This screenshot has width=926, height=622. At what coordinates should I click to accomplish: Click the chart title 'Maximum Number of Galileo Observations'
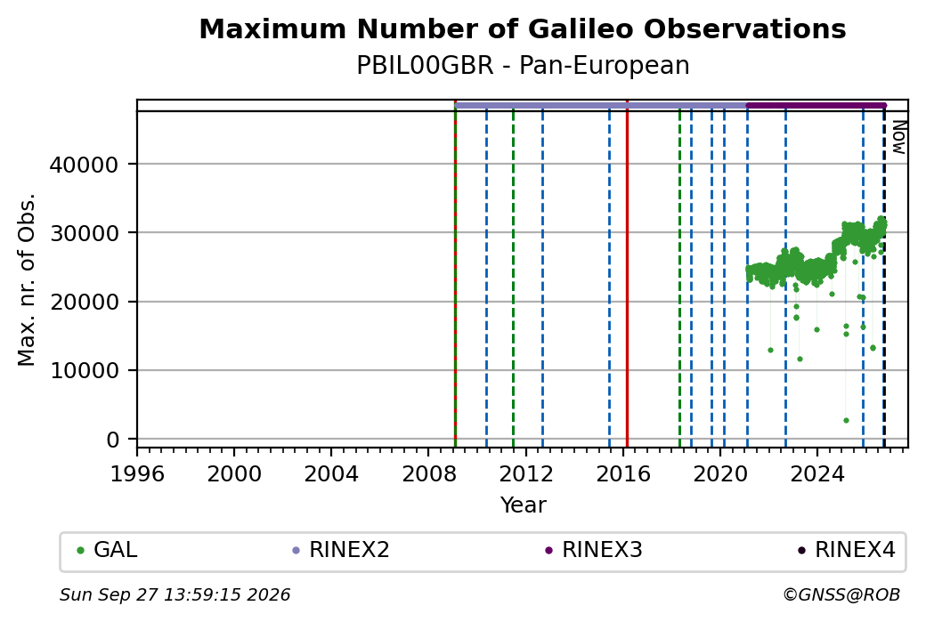[x=523, y=29]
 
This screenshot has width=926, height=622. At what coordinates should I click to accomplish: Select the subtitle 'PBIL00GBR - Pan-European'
[x=523, y=66]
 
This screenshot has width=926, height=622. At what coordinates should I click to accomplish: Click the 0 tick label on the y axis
[x=113, y=440]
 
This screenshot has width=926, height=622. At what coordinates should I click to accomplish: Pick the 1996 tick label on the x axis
[x=137, y=474]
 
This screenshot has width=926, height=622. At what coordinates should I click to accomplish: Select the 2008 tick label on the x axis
[x=428, y=474]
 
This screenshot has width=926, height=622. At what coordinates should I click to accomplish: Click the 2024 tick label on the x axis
[x=816, y=474]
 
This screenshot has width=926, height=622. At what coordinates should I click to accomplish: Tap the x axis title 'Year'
[x=524, y=505]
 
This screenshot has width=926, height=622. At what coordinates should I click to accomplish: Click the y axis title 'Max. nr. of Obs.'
[x=27, y=279]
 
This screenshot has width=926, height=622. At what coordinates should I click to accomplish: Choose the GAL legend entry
[x=108, y=550]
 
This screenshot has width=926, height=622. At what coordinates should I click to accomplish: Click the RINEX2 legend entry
[x=341, y=550]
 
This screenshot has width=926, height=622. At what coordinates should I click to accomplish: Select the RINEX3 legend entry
[x=594, y=550]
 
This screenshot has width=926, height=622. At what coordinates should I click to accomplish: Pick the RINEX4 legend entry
[x=847, y=550]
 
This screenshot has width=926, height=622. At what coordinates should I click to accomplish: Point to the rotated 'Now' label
[x=898, y=137]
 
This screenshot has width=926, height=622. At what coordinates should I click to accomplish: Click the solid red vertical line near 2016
[x=627, y=273]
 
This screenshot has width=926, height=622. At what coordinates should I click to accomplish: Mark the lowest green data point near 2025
[x=846, y=421]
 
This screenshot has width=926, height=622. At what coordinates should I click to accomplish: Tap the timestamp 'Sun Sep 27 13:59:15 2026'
[x=175, y=594]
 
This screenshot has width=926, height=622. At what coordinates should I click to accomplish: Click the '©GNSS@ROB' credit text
[x=842, y=594]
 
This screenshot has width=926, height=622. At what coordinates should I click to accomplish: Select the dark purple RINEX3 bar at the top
[x=816, y=106]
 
